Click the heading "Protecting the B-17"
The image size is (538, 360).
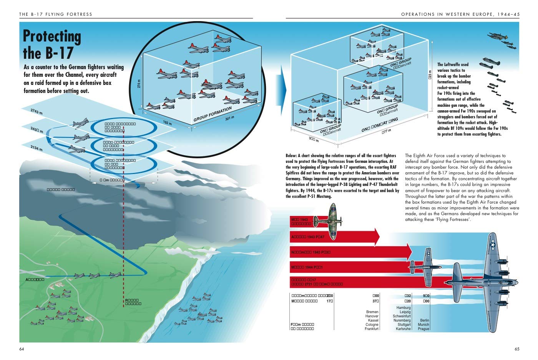coord(52,45)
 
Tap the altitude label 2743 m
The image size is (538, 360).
coord(37,111)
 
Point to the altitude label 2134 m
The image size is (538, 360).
coord(37,147)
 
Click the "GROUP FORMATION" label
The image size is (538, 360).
coord(213,114)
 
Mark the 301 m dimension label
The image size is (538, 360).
coord(229,118)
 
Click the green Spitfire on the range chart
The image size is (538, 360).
coord(327,220)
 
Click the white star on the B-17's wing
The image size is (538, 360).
coord(493,244)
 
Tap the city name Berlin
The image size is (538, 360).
coord(424,320)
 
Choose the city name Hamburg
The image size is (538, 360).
coord(403,308)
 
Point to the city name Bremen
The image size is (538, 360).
coord(372,312)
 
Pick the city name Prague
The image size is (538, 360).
coord(423,329)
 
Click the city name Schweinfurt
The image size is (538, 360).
coord(402,316)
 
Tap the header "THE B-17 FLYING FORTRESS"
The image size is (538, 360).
coord(56,14)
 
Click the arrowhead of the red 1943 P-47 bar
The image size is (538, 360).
coord(376,237)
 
